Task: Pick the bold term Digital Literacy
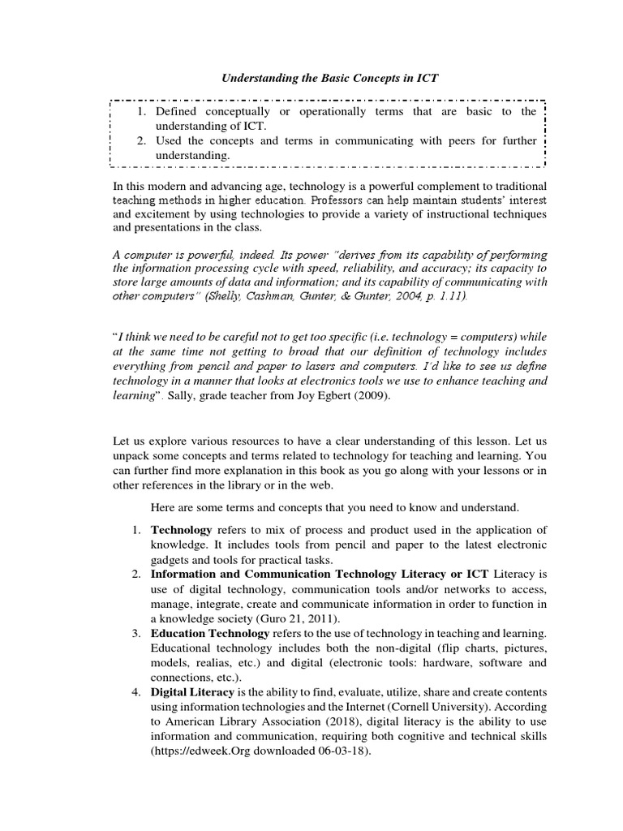pos(192,691)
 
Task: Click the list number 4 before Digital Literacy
pos(135,691)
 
